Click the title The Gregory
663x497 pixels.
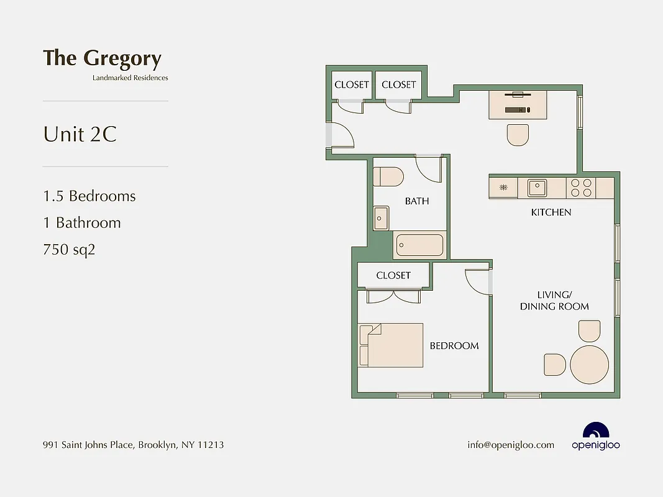tap(102, 58)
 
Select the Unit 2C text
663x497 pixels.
tap(80, 134)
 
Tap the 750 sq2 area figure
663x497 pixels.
tap(69, 250)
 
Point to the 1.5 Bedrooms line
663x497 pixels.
tap(89, 196)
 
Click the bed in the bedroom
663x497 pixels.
tap(391, 345)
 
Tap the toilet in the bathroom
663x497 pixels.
tap(388, 176)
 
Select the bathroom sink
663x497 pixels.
tap(381, 217)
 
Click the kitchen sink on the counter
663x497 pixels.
tap(537, 187)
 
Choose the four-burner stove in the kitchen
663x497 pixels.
tap(581, 188)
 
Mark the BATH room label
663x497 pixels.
tap(417, 201)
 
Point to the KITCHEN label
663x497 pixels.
tap(551, 212)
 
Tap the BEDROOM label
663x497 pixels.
tap(454, 346)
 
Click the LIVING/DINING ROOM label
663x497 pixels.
tap(554, 300)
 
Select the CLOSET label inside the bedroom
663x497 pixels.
tap(393, 275)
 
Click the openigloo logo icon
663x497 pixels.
tap(596, 431)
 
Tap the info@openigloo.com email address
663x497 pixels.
tap(511, 445)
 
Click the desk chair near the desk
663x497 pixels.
tap(518, 135)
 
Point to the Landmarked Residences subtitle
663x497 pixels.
tap(130, 78)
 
